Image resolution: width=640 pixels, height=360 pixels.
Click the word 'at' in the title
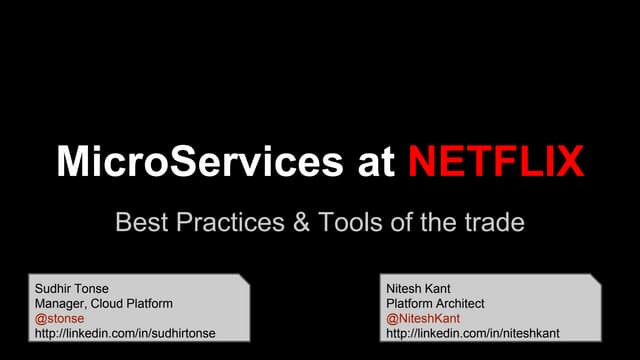pos(375,162)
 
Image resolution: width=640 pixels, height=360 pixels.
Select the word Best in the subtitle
pos(142,222)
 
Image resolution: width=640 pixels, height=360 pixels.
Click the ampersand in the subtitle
pos(303,222)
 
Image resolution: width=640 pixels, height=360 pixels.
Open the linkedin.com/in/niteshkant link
pos(472,333)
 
